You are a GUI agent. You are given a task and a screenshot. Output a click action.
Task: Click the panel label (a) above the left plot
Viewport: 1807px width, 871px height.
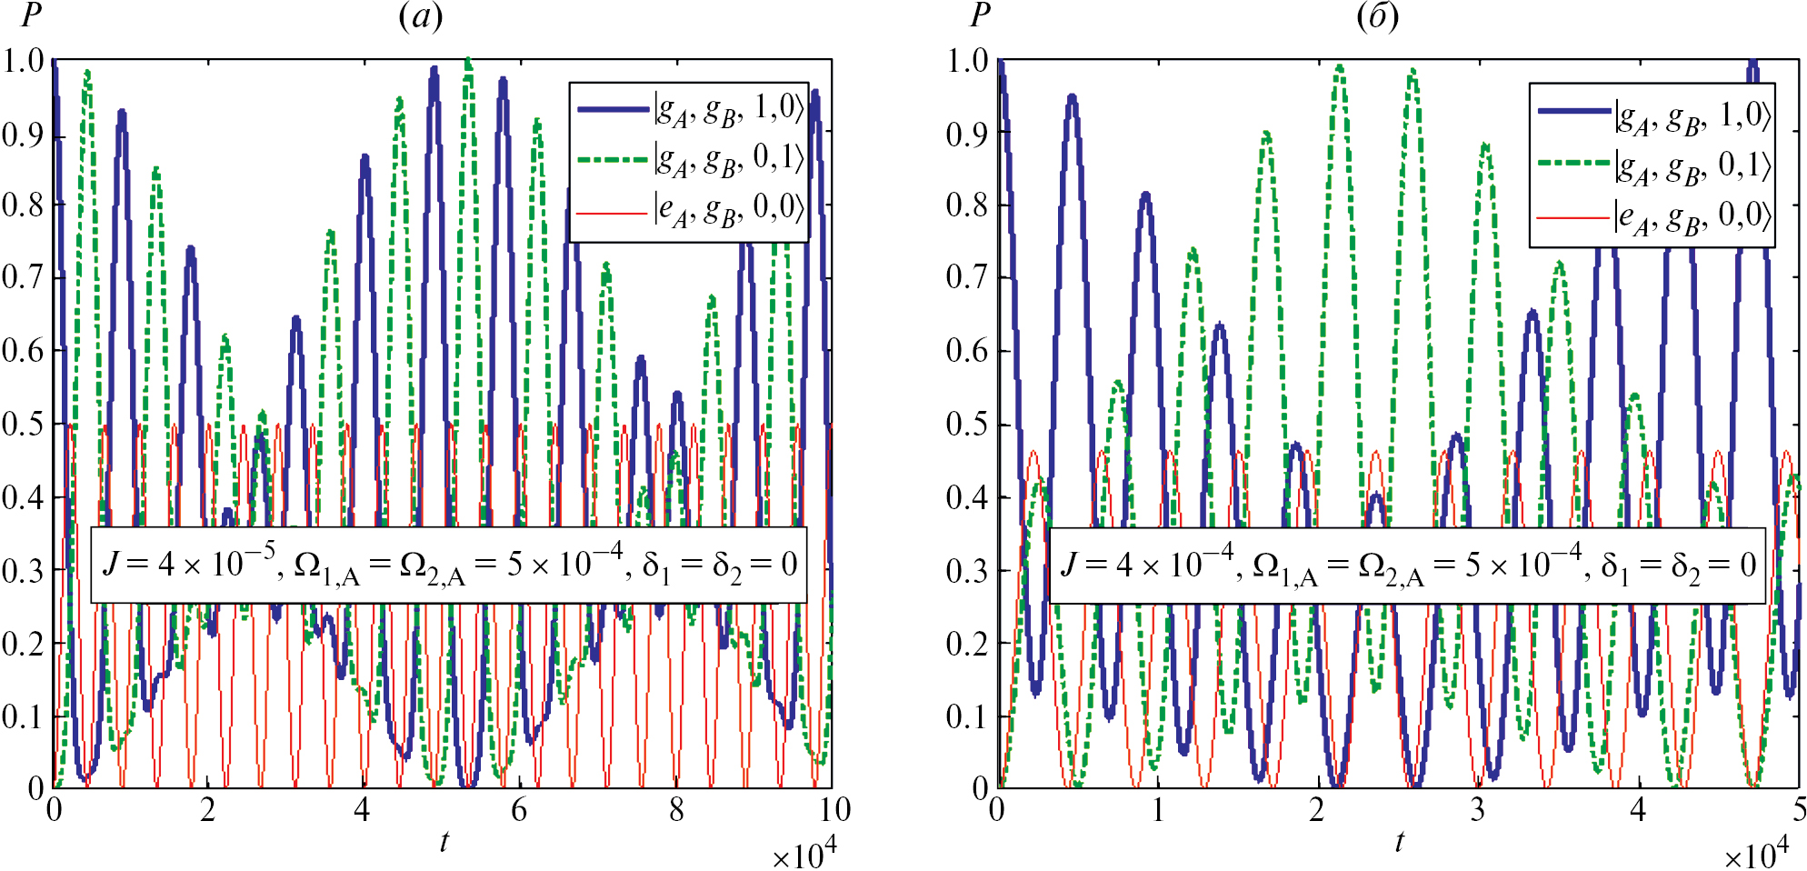point(421,16)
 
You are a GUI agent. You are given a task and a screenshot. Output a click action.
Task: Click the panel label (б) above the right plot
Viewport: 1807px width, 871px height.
point(1377,16)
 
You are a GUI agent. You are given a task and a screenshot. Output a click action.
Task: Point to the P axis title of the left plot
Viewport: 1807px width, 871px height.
point(32,15)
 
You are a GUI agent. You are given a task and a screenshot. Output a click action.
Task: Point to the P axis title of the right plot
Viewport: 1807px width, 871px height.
point(979,15)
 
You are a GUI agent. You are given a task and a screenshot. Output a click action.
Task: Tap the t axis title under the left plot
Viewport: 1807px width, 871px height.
point(444,841)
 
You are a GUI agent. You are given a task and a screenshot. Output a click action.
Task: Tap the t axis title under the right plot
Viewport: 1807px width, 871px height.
point(1399,841)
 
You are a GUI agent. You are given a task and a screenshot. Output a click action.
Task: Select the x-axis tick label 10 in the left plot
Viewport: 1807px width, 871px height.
point(834,810)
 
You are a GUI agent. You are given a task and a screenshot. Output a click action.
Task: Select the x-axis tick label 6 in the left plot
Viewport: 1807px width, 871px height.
point(519,810)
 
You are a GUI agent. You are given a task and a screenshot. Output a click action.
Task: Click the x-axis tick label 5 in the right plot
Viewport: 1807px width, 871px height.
point(1799,810)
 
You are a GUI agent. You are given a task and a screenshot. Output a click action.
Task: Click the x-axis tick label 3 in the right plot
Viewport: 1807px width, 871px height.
point(1478,810)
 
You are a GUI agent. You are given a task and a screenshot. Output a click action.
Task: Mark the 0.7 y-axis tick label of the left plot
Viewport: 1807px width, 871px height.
point(24,276)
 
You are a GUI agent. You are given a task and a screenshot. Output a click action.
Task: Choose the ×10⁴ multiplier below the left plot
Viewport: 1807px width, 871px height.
point(804,855)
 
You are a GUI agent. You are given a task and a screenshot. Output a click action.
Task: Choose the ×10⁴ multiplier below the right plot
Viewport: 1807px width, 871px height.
point(1756,855)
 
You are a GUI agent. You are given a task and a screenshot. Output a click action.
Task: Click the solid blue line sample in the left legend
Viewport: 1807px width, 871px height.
point(614,109)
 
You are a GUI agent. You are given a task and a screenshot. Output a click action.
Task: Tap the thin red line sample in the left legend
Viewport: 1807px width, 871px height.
point(612,213)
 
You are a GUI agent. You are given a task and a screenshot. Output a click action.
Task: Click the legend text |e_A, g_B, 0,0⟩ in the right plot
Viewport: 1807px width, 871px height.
point(1693,218)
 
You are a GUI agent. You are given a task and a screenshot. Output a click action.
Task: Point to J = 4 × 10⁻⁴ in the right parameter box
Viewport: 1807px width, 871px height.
point(1147,564)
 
